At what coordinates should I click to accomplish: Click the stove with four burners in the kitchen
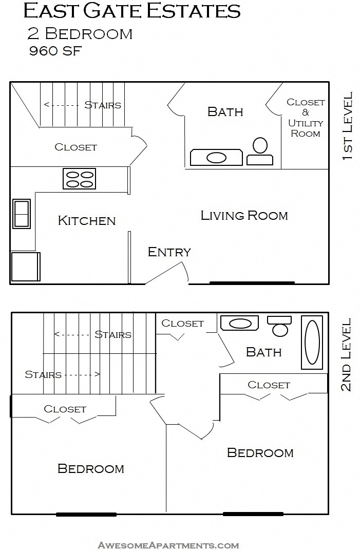pyautogui.click(x=80, y=179)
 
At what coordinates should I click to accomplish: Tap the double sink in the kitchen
pyautogui.click(x=22, y=214)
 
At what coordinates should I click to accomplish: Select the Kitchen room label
pyautogui.click(x=87, y=221)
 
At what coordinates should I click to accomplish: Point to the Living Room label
pyautogui.click(x=244, y=215)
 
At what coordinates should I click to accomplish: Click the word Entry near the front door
pyautogui.click(x=169, y=252)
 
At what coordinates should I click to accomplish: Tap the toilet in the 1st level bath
pyautogui.click(x=260, y=151)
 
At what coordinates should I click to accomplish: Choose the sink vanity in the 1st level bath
pyautogui.click(x=216, y=158)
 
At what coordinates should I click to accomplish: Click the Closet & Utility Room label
pyautogui.click(x=306, y=118)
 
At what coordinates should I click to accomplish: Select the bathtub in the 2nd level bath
pyautogui.click(x=312, y=343)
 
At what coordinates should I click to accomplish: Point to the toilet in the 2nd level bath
pyautogui.click(x=280, y=326)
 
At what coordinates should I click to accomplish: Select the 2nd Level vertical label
pyautogui.click(x=347, y=354)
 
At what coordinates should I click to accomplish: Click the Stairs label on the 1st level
pyautogui.click(x=103, y=105)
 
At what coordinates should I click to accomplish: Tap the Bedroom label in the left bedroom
pyautogui.click(x=90, y=469)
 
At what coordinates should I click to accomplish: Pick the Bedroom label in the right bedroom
pyautogui.click(x=260, y=453)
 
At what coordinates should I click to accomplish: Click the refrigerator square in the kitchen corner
pyautogui.click(x=25, y=267)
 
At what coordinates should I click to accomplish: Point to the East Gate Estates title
pyautogui.click(x=132, y=11)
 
